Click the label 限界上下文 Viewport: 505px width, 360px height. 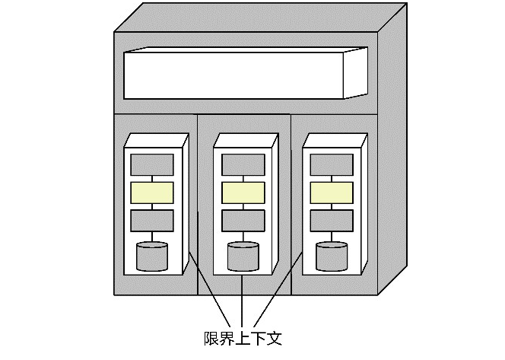pyautogui.click(x=243, y=337)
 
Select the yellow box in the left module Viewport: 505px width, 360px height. pyautogui.click(x=152, y=193)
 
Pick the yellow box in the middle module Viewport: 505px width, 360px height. pyautogui.click(x=243, y=193)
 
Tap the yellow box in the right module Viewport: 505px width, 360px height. pyautogui.click(x=332, y=193)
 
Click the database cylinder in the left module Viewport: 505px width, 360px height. pyautogui.click(x=152, y=256)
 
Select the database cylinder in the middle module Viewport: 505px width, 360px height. pyautogui.click(x=243, y=256)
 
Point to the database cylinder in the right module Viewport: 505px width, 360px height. pyautogui.click(x=332, y=256)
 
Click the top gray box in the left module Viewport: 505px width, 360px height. pyautogui.click(x=152, y=164)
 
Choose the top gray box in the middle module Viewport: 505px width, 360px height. pyautogui.click(x=243, y=164)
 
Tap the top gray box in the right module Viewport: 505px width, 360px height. pyautogui.click(x=332, y=164)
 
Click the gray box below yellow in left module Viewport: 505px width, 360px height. pyautogui.click(x=152, y=221)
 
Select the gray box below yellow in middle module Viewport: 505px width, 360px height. pyautogui.click(x=243, y=221)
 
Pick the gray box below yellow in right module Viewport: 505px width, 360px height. pyautogui.click(x=332, y=221)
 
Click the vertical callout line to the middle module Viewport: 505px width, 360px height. pyautogui.click(x=242, y=301)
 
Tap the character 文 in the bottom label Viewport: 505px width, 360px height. pyautogui.click(x=274, y=337)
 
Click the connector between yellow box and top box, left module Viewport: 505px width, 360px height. pyautogui.click(x=152, y=179)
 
